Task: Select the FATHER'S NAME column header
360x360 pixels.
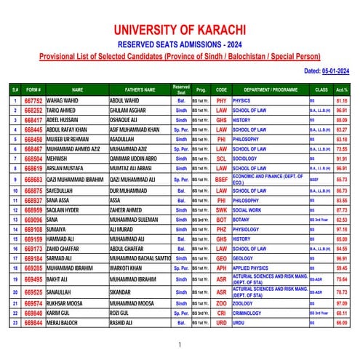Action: click(x=139, y=89)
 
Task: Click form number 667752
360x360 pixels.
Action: click(x=33, y=100)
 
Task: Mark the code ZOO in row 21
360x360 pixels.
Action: click(x=221, y=303)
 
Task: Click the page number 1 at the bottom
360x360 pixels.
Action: click(x=180, y=345)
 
